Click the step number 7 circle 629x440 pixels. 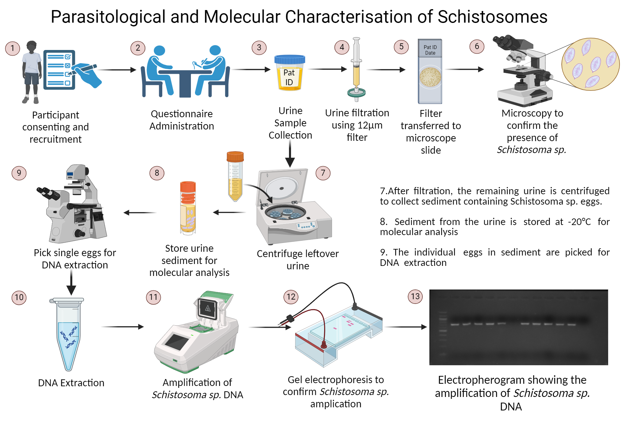[323, 173]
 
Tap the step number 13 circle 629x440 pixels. [415, 296]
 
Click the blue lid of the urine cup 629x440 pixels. [290, 59]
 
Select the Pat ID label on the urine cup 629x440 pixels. [289, 77]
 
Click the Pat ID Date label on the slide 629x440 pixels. [430, 50]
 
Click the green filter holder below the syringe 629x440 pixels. [356, 92]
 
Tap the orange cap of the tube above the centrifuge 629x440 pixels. [235, 157]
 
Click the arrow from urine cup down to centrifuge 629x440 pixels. [290, 154]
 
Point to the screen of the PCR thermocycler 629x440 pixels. [177, 342]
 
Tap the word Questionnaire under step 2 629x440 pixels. [181, 114]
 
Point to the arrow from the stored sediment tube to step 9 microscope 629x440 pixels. [140, 213]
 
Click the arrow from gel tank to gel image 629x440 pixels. [406, 327]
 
